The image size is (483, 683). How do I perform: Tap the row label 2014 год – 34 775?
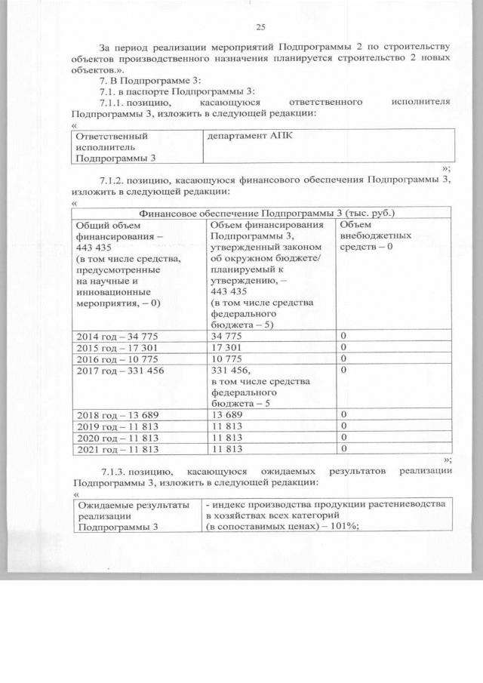118,335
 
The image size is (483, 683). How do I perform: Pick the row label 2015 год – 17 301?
118,346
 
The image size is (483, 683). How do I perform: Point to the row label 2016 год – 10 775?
118,358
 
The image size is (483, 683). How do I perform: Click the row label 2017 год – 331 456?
121,370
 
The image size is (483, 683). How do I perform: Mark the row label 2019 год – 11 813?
118,426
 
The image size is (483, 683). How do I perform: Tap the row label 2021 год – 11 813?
118,450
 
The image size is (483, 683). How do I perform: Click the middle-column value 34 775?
229,335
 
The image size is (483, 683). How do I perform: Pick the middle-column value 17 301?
229,346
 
